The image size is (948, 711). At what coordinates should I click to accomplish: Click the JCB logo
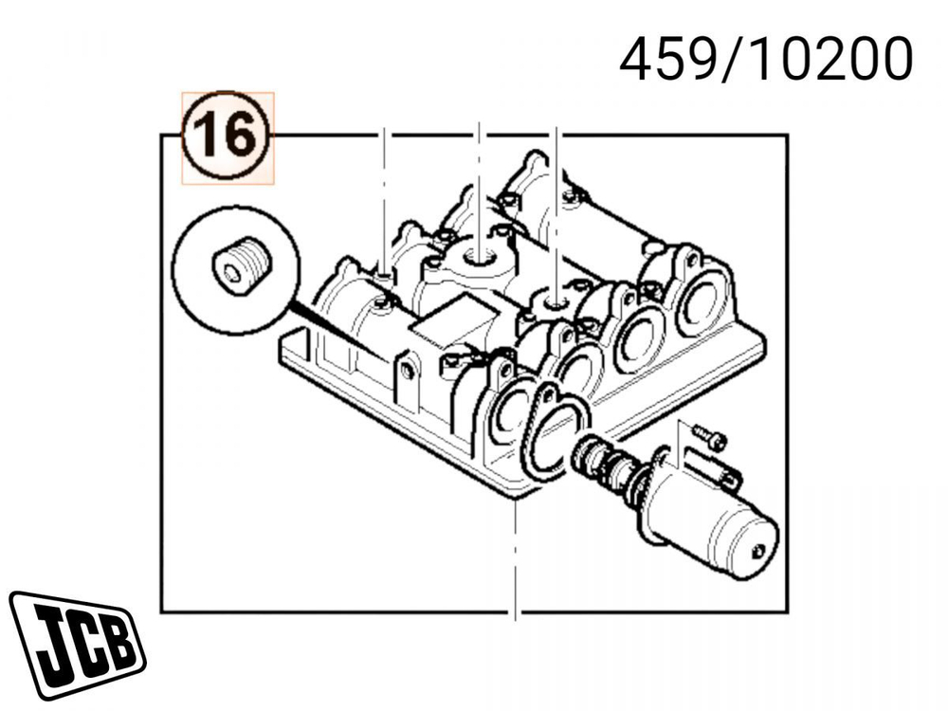[76, 645]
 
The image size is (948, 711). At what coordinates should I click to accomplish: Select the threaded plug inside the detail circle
[238, 268]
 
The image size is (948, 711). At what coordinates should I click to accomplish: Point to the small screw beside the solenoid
[710, 437]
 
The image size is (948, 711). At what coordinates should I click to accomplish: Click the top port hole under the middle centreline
[481, 257]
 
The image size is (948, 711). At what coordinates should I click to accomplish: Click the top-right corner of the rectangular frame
[787, 136]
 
